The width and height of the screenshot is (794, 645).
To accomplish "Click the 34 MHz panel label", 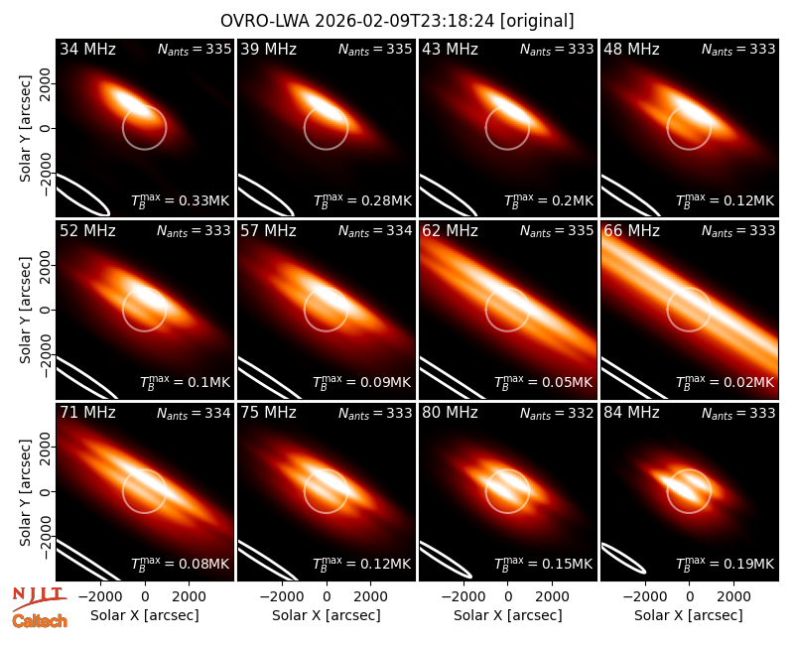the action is [87, 49].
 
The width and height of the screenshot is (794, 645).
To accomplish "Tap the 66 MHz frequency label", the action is [631, 231].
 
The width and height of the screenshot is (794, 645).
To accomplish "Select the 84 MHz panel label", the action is [631, 413].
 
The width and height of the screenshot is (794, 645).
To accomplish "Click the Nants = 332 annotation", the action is [557, 414].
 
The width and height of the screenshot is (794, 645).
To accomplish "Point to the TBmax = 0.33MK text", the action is [181, 200].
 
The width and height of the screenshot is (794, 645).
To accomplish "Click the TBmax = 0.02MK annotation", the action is [726, 382].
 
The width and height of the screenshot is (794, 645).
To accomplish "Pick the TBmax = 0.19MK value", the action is [726, 563].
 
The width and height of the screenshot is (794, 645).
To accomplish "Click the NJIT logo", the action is [39, 598].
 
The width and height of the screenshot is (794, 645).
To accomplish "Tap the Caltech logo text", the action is [40, 621].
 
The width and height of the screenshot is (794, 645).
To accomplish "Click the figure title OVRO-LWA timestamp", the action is [357, 21].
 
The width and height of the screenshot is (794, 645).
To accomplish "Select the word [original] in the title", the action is [537, 21].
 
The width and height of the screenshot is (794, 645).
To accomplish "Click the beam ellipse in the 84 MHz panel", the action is [624, 559].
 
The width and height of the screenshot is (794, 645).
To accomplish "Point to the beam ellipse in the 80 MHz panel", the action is [446, 560].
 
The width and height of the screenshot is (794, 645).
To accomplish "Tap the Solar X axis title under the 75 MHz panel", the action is [327, 615].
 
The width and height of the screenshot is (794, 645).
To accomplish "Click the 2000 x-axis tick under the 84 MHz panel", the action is [733, 596].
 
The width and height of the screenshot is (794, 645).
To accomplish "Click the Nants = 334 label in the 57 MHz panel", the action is [375, 231].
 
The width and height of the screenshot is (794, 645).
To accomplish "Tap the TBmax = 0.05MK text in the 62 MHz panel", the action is [543, 382].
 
